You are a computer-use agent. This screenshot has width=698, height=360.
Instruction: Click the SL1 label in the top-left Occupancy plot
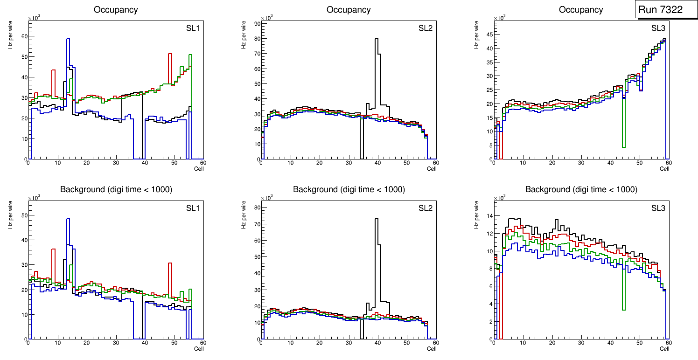[193, 28]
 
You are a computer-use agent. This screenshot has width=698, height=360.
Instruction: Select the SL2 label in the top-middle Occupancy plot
[426, 28]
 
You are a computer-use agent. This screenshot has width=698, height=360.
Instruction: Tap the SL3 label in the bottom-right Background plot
[658, 208]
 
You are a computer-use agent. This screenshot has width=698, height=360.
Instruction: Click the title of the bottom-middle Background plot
[349, 189]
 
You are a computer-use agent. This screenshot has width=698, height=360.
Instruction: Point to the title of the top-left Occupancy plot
[116, 9]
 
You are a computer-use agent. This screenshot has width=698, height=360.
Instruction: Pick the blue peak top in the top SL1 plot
[68, 39]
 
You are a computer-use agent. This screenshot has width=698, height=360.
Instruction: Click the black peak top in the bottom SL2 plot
[376, 219]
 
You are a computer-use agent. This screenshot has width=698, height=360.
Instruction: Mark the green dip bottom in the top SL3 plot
[624, 147]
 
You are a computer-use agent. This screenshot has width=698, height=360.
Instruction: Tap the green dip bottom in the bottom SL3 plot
[624, 309]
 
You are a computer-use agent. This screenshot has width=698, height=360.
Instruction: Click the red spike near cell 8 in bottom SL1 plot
[53, 249]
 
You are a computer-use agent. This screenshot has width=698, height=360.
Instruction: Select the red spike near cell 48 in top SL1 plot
[170, 54]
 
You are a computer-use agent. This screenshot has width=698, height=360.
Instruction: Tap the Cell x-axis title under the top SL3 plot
[664, 169]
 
